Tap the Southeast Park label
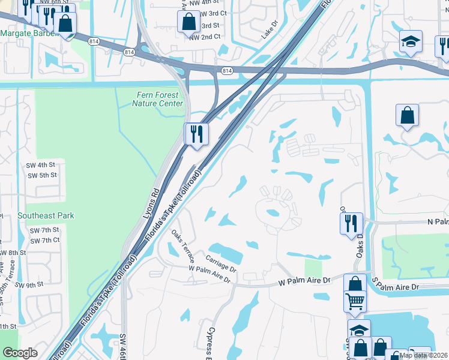(46, 215)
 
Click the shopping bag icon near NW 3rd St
(189, 22)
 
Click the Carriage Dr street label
(221, 262)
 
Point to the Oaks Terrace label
(182, 245)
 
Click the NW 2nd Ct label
(205, 37)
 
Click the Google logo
(20, 353)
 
